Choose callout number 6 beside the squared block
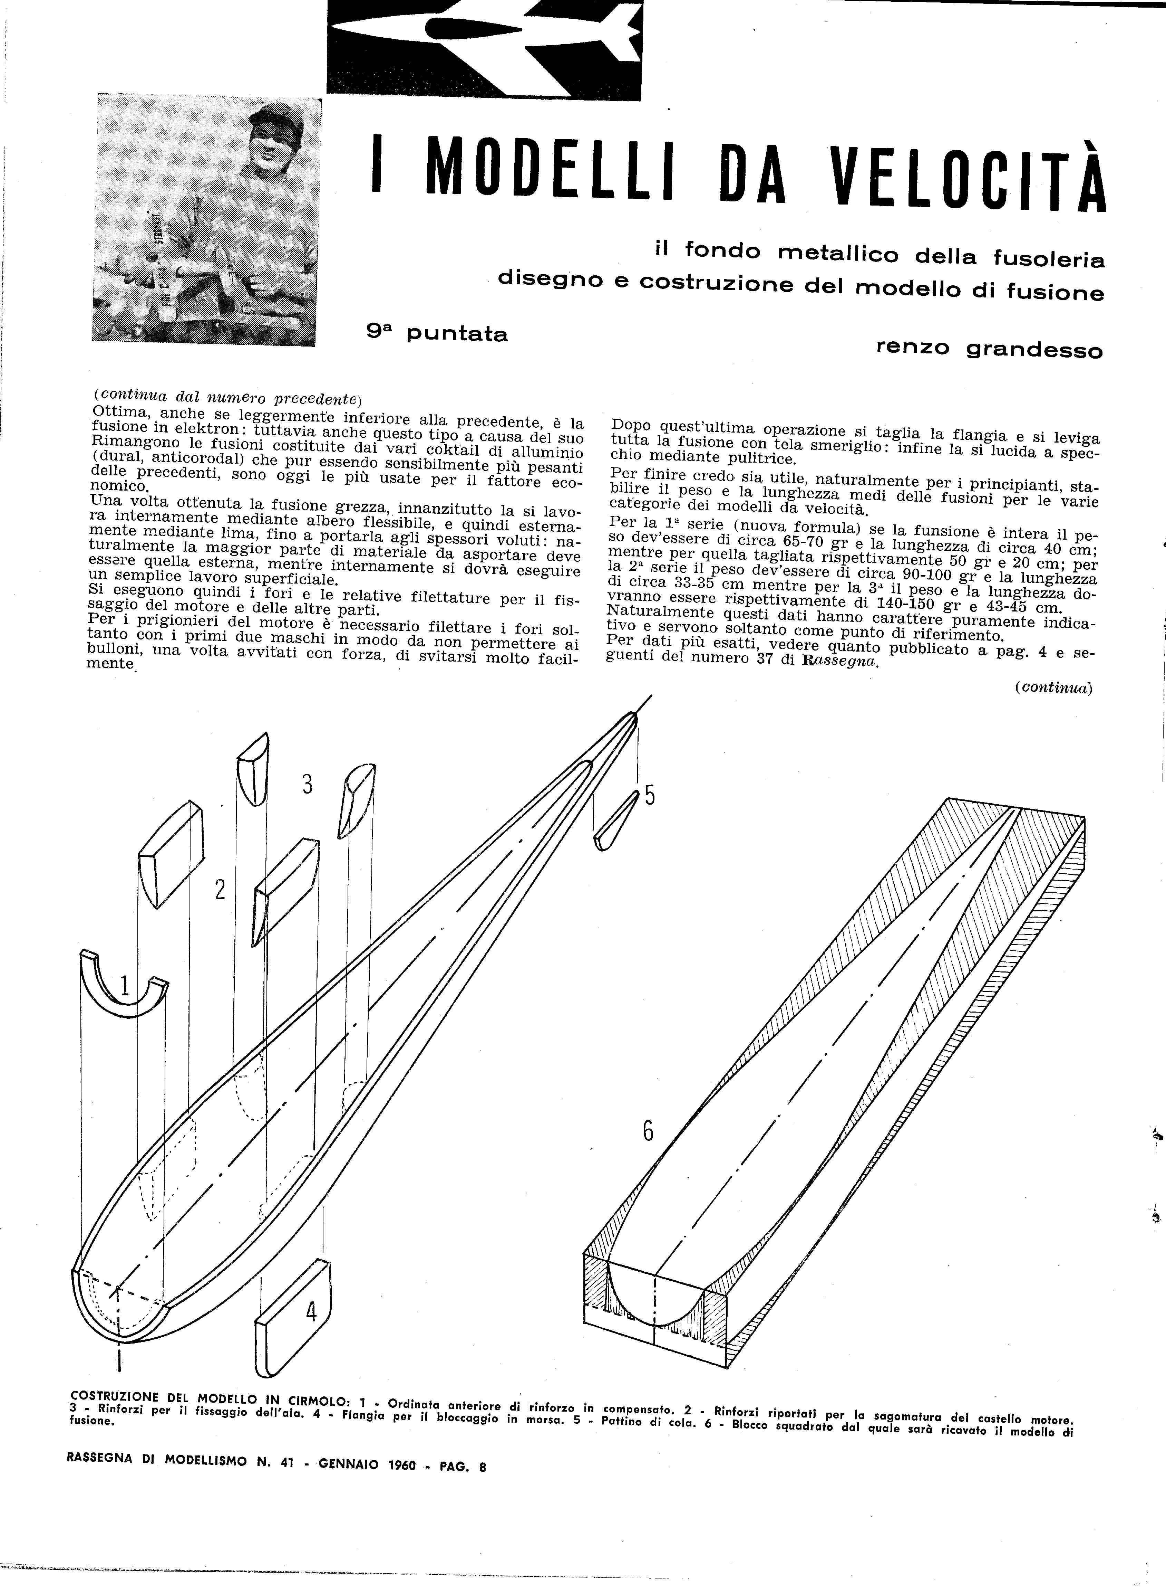point(647,1132)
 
